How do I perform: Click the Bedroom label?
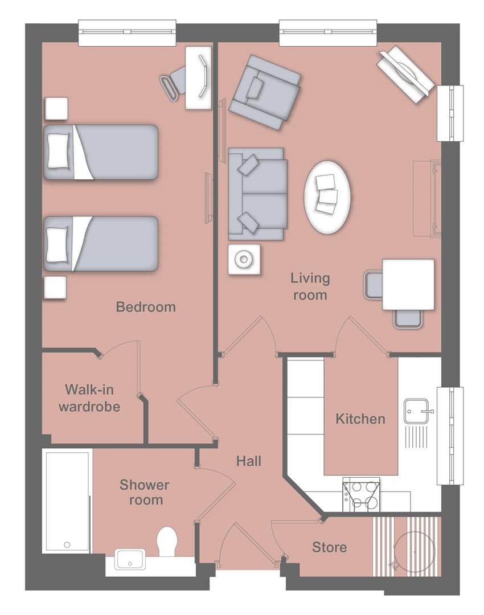coord(146,307)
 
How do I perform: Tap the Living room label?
coord(310,286)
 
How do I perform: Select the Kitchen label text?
coord(360,419)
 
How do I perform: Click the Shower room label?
coord(144,493)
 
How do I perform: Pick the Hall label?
coord(249,460)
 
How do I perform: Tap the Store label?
coord(329,547)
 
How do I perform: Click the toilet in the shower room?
coord(168,541)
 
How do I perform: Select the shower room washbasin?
coord(132,559)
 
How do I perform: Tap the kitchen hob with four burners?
coord(362,495)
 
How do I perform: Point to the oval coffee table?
coord(327,194)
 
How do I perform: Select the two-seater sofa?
coord(257,194)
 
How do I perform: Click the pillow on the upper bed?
coord(58,151)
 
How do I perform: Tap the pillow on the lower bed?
coord(58,243)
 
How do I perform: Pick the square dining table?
coord(408,284)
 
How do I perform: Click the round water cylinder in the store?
coord(415,548)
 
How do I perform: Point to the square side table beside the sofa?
coord(244,259)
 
